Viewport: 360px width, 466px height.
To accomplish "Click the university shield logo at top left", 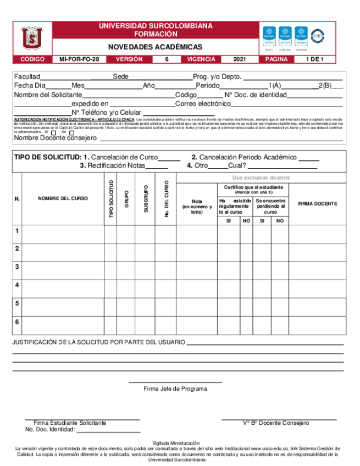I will coord(32,38).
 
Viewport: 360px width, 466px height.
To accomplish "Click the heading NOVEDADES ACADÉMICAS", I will coord(154,47).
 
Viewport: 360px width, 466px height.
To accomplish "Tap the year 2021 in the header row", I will coord(240,59).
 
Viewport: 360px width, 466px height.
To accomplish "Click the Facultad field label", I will coord(27,76).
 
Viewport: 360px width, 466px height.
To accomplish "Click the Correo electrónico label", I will coord(203,103).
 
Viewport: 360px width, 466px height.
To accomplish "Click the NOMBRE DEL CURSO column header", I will coord(63,198).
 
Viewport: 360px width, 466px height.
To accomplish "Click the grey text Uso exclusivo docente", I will coord(261,178).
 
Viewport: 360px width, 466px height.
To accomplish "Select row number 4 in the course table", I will coord(17,285).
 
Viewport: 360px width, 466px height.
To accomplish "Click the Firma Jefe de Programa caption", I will coord(175,389).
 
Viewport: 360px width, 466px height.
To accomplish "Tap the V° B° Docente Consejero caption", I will coord(276,423).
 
